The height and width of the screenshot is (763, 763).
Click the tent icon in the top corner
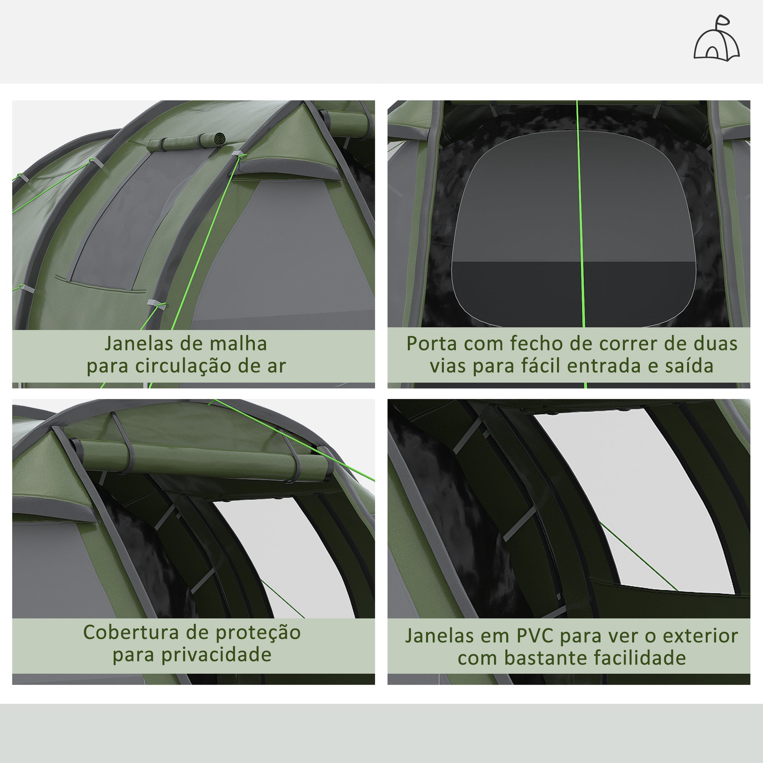click(x=716, y=38)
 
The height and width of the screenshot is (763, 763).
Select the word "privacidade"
click(x=216, y=655)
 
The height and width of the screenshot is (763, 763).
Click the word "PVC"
click(x=534, y=636)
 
